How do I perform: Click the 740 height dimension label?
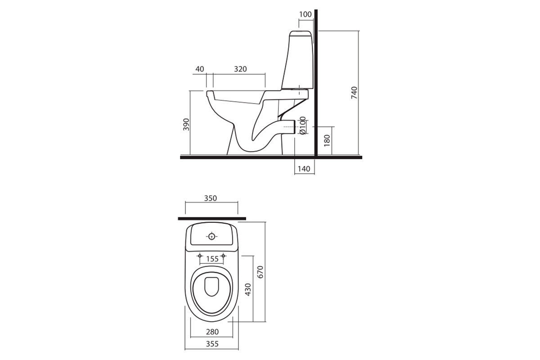(354, 93)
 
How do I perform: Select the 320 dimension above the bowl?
(241, 69)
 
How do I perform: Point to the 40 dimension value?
(200, 69)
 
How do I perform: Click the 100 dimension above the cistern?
(306, 14)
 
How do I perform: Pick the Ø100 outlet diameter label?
(303, 125)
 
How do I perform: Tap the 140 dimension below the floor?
(304, 169)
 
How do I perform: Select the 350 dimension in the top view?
(210, 198)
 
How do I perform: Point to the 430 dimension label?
(247, 290)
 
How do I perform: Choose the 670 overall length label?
(260, 273)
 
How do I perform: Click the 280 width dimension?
(212, 332)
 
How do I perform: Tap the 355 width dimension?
(212, 344)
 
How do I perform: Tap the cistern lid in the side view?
(300, 32)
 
